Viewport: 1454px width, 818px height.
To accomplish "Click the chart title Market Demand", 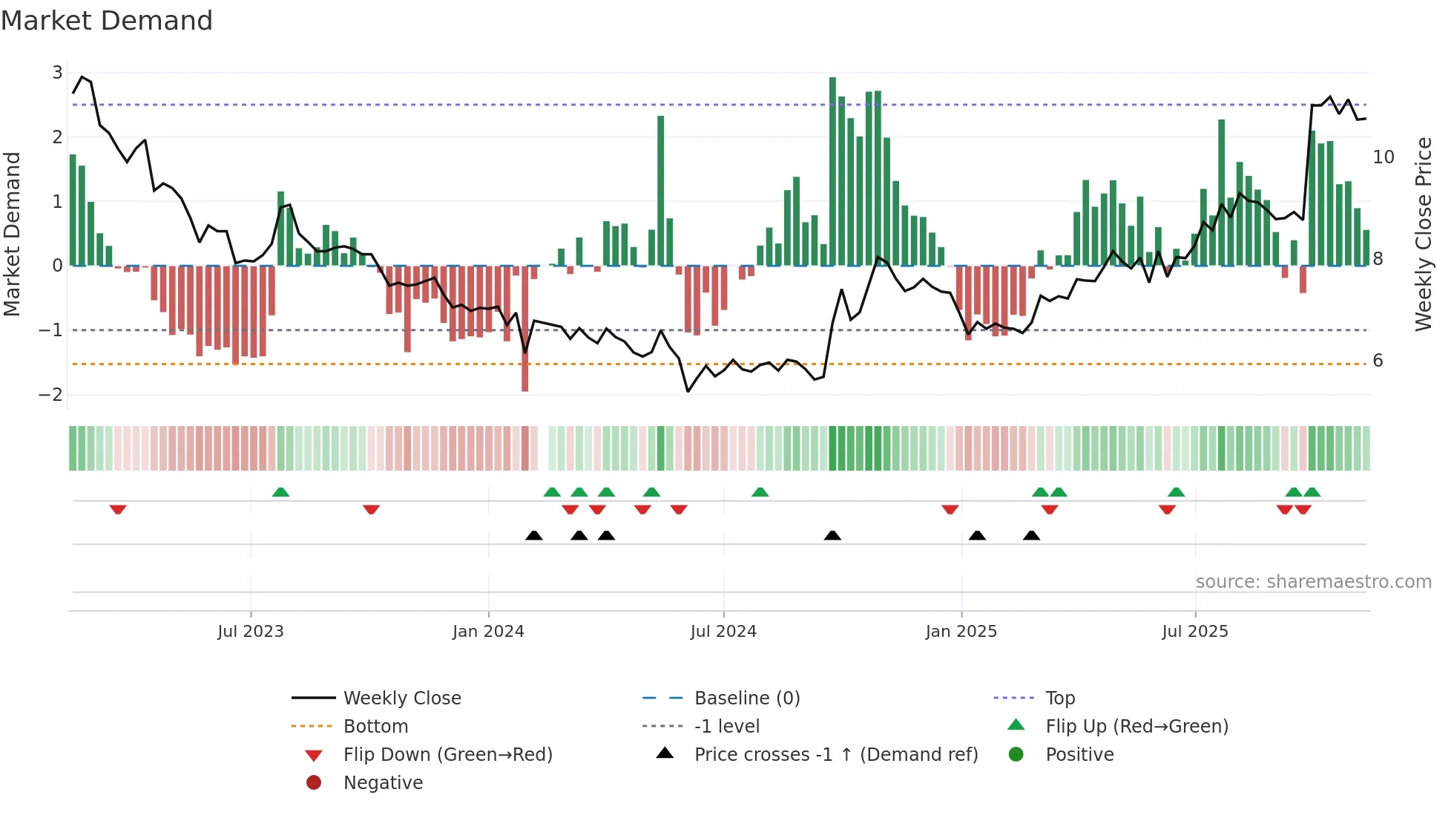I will (x=107, y=20).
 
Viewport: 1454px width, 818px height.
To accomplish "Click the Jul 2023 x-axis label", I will (x=251, y=632).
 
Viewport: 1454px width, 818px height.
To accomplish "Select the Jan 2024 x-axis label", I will (x=488, y=632).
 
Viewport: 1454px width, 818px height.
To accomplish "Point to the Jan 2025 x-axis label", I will (x=961, y=632).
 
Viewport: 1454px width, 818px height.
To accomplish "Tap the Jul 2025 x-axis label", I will (x=1195, y=632).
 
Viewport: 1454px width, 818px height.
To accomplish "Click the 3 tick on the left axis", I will (x=57, y=73).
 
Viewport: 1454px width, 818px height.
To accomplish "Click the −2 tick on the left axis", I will (x=50, y=395).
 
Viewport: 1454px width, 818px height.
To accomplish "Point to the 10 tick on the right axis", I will (x=1384, y=157).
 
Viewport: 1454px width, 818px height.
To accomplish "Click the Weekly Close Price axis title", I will (x=1423, y=234).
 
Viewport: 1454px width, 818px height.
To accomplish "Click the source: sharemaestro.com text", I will (x=1313, y=582).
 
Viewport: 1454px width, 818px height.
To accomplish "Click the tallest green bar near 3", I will (x=832, y=171).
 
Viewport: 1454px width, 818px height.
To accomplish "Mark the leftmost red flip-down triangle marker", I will (x=118, y=509).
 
